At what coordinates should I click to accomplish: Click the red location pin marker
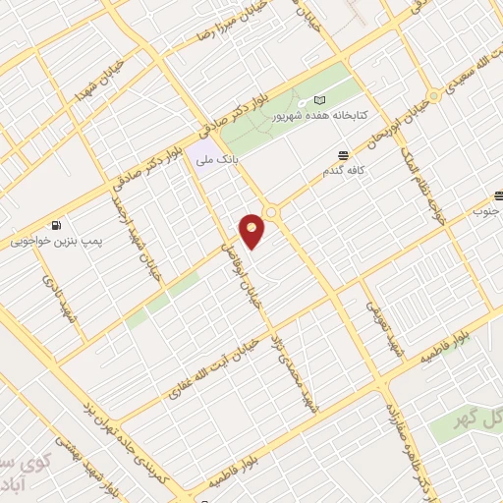(x=252, y=231)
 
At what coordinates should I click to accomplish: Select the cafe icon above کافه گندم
(x=342, y=155)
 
